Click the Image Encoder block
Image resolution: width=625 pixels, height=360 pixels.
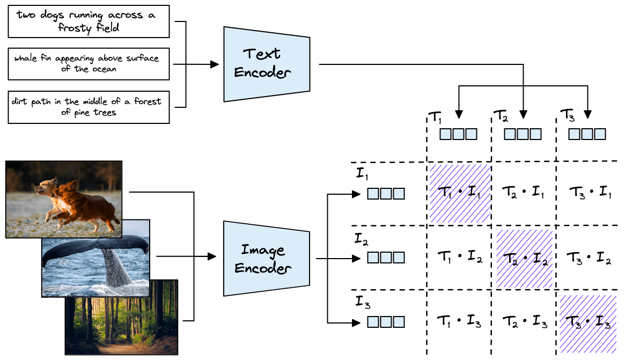point(267,259)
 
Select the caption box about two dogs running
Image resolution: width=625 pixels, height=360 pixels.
point(90,22)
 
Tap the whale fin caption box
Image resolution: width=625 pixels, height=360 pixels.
point(90,63)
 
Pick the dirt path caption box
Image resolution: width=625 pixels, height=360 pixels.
point(90,107)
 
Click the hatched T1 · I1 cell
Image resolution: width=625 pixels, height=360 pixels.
point(460,193)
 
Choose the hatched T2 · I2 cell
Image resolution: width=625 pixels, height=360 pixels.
point(525,259)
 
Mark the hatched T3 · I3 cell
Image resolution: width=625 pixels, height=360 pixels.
point(589,323)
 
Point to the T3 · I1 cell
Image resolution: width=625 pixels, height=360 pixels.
point(589,193)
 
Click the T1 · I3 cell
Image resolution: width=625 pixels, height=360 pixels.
point(460,323)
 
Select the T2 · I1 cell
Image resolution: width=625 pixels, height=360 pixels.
point(525,193)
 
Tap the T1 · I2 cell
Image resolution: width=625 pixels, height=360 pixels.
point(460,259)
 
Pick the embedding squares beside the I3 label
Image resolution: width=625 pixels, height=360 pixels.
point(386,322)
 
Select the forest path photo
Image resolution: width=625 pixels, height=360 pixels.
point(121,318)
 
